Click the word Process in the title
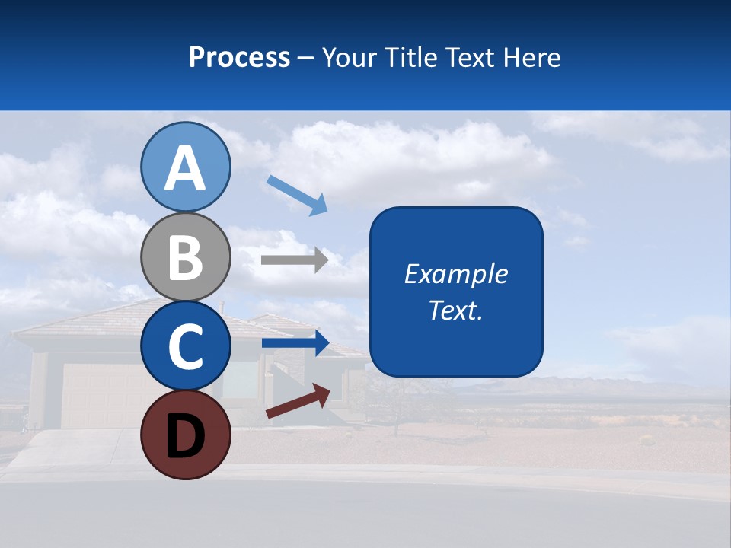(x=239, y=57)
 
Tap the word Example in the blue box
(x=455, y=274)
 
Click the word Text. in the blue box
(x=455, y=311)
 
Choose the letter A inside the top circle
(x=185, y=168)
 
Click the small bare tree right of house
(x=396, y=403)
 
